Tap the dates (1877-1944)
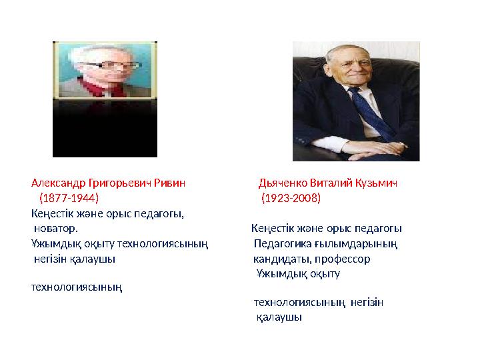69,198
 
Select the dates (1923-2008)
291,198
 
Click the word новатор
56,229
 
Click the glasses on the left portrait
113,66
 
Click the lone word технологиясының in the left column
77,287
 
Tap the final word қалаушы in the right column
279,317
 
